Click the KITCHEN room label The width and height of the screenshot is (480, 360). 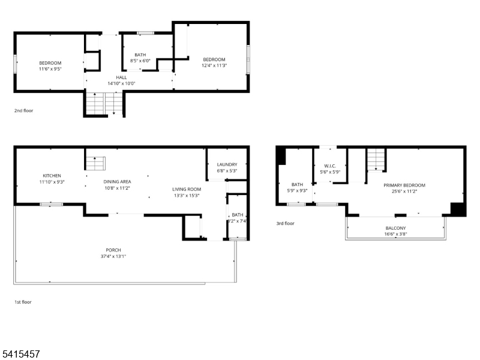pyautogui.click(x=52, y=176)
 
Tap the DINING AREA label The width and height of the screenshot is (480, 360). pyautogui.click(x=117, y=182)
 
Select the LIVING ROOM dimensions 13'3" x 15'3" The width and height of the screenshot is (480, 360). pyautogui.click(x=186, y=195)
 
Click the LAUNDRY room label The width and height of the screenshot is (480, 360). pyautogui.click(x=227, y=164)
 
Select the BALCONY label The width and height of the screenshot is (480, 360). pyautogui.click(x=395, y=228)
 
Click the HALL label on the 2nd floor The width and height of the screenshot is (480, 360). pyautogui.click(x=121, y=77)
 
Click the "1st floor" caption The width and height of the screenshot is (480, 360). pyautogui.click(x=23, y=302)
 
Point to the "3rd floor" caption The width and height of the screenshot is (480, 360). pyautogui.click(x=285, y=223)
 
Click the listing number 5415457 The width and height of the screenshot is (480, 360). pyautogui.click(x=21, y=354)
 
